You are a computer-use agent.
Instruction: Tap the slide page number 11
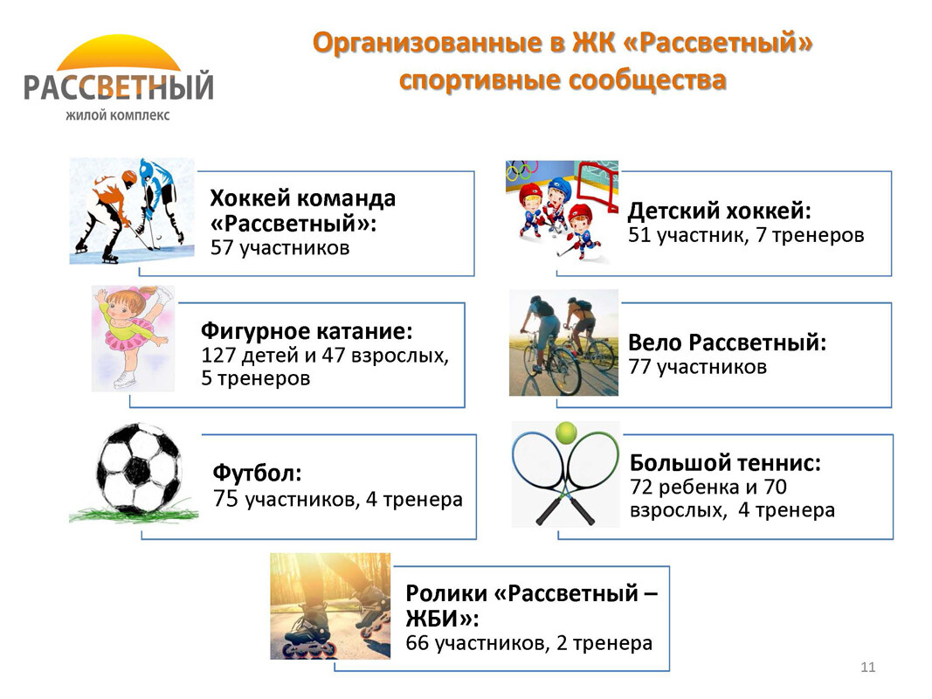[867, 667]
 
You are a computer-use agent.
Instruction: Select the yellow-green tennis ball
[566, 433]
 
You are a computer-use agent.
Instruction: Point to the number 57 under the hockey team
[223, 248]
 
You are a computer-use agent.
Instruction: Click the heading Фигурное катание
[307, 330]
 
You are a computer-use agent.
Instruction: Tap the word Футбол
[258, 474]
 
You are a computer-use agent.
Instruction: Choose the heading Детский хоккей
[719, 211]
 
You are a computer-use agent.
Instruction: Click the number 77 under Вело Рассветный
[639, 367]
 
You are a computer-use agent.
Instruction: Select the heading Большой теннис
[725, 462]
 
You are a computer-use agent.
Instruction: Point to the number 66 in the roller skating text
[418, 642]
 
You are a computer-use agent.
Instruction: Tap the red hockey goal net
[597, 185]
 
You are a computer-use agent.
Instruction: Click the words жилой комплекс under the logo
[118, 115]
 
